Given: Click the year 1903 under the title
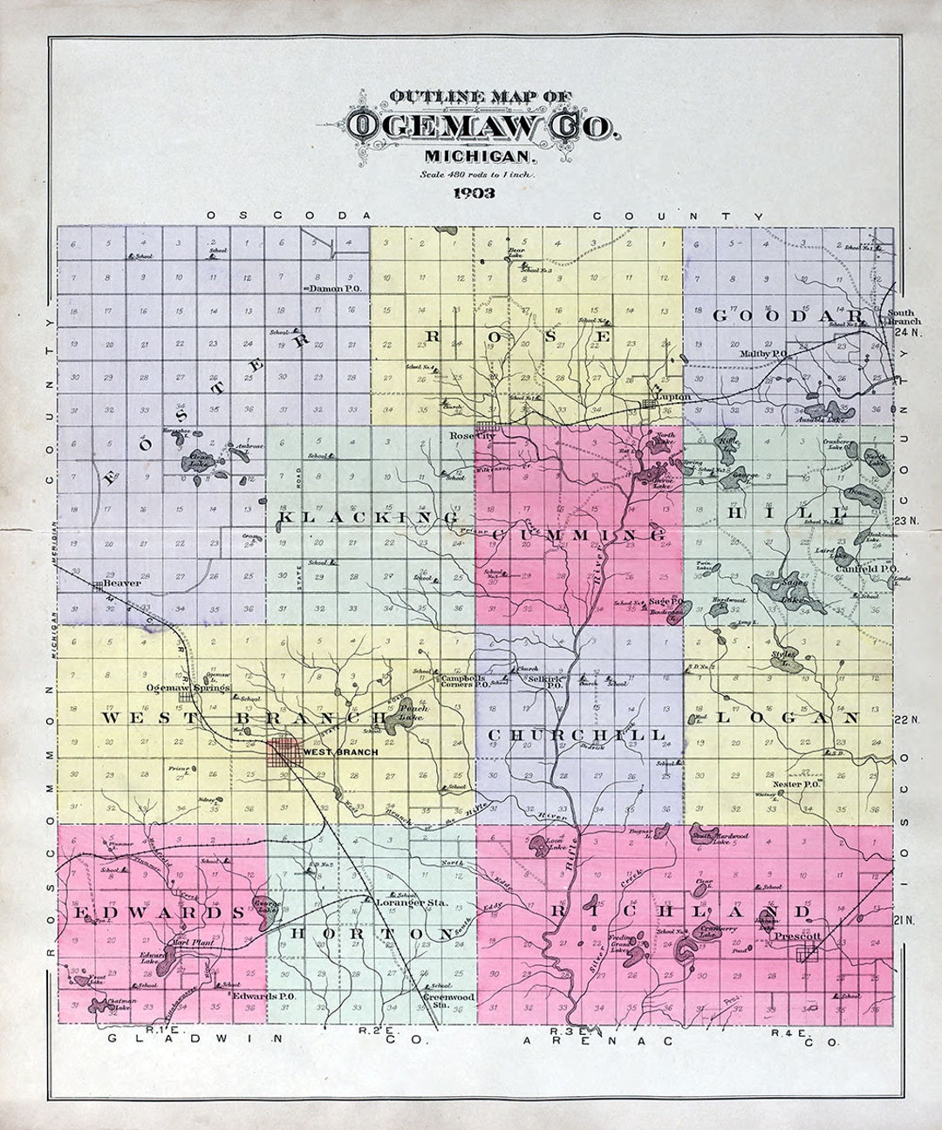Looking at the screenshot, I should [474, 194].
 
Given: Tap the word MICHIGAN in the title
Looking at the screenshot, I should [479, 157].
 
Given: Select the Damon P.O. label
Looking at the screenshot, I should [334, 288].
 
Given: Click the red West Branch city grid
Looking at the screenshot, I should [283, 752].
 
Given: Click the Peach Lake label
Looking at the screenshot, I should [406, 714].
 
